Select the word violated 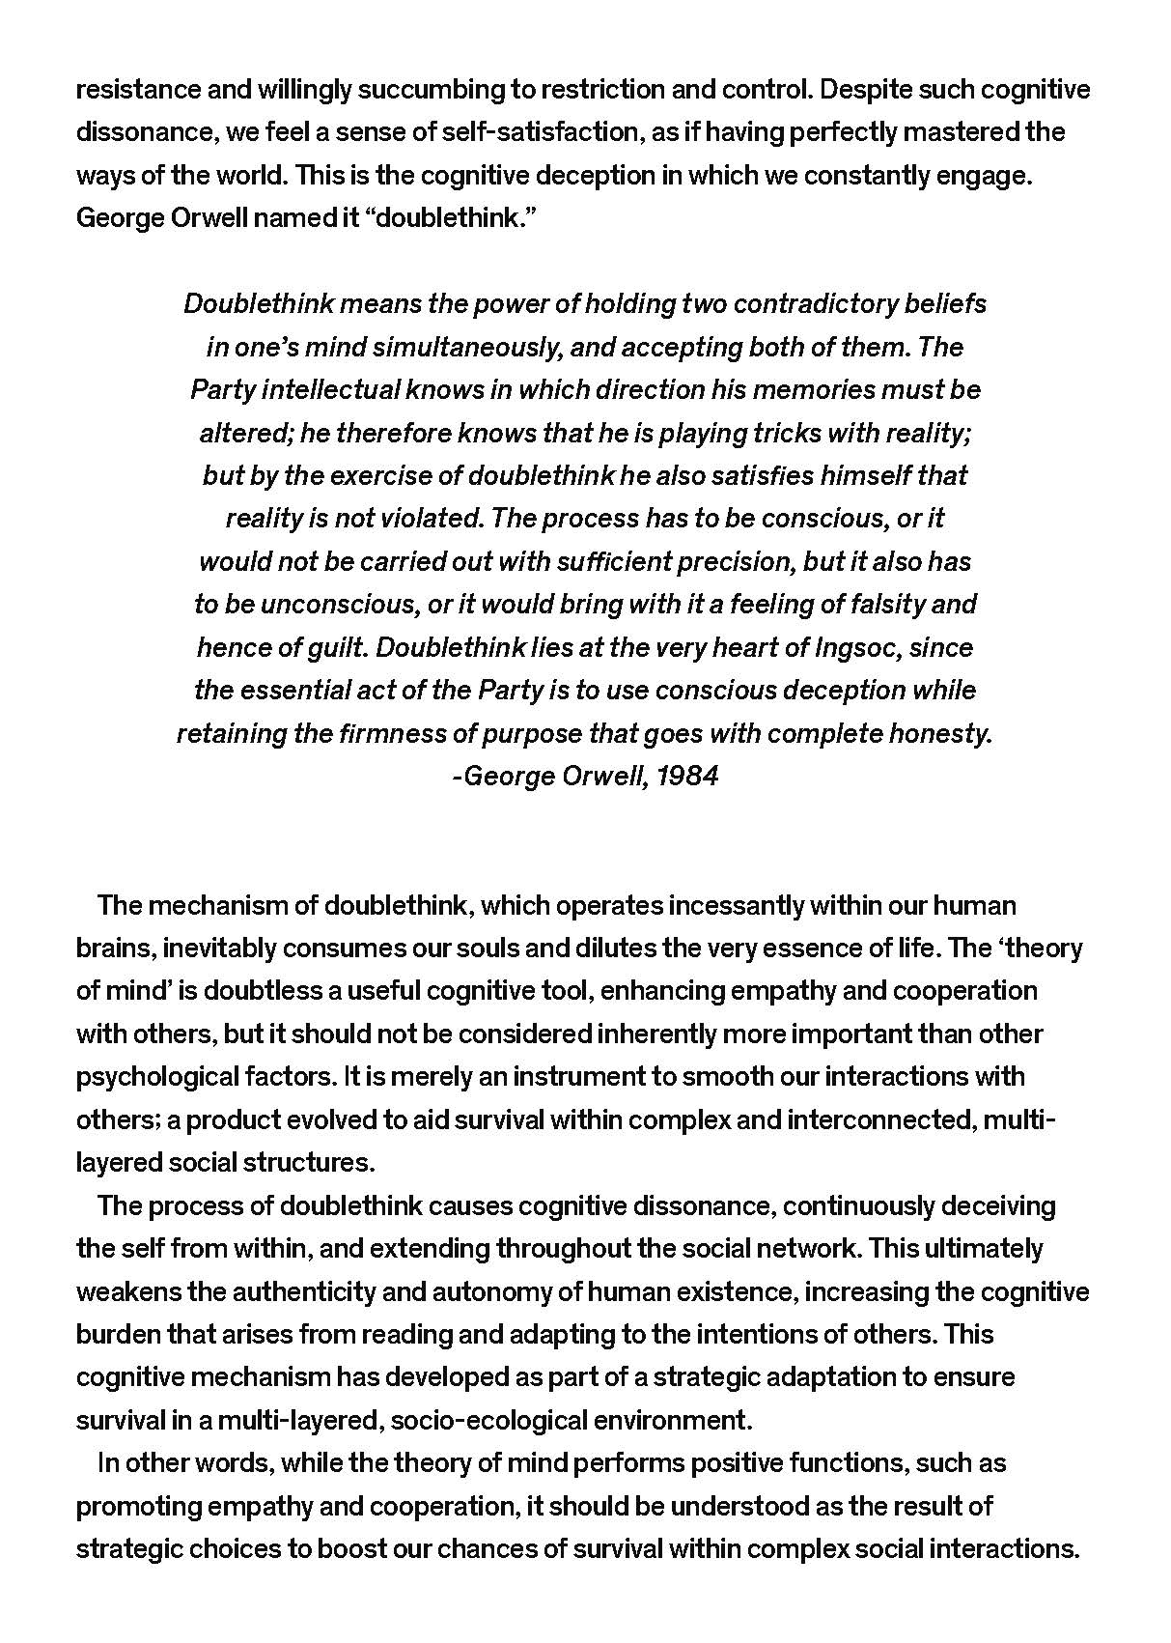click(x=430, y=519)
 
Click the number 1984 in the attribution click(x=686, y=777)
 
